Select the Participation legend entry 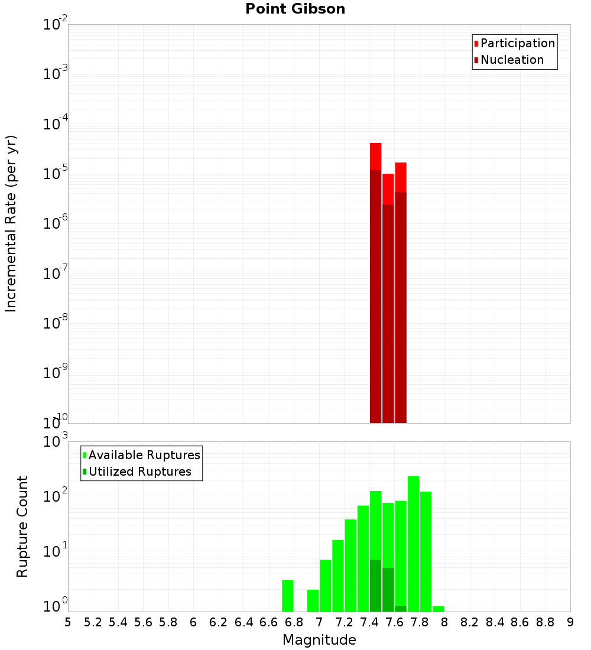tap(518, 43)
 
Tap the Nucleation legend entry tap(512, 60)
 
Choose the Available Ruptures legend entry tap(144, 455)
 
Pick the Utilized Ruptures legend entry tap(139, 472)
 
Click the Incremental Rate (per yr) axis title tap(11, 223)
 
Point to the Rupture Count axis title tap(22, 526)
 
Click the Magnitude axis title tap(319, 640)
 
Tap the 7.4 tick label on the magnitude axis tap(369, 622)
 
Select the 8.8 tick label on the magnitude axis tap(545, 622)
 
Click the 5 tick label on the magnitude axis tap(68, 622)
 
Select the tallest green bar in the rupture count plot tap(413, 544)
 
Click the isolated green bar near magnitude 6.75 tap(288, 596)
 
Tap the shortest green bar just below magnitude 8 tap(438, 609)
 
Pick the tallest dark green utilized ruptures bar tap(375, 586)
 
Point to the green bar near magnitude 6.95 tap(313, 600)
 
